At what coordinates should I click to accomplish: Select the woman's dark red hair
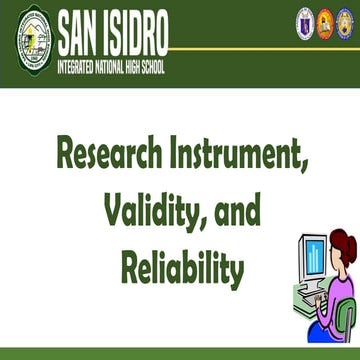[343, 245]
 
